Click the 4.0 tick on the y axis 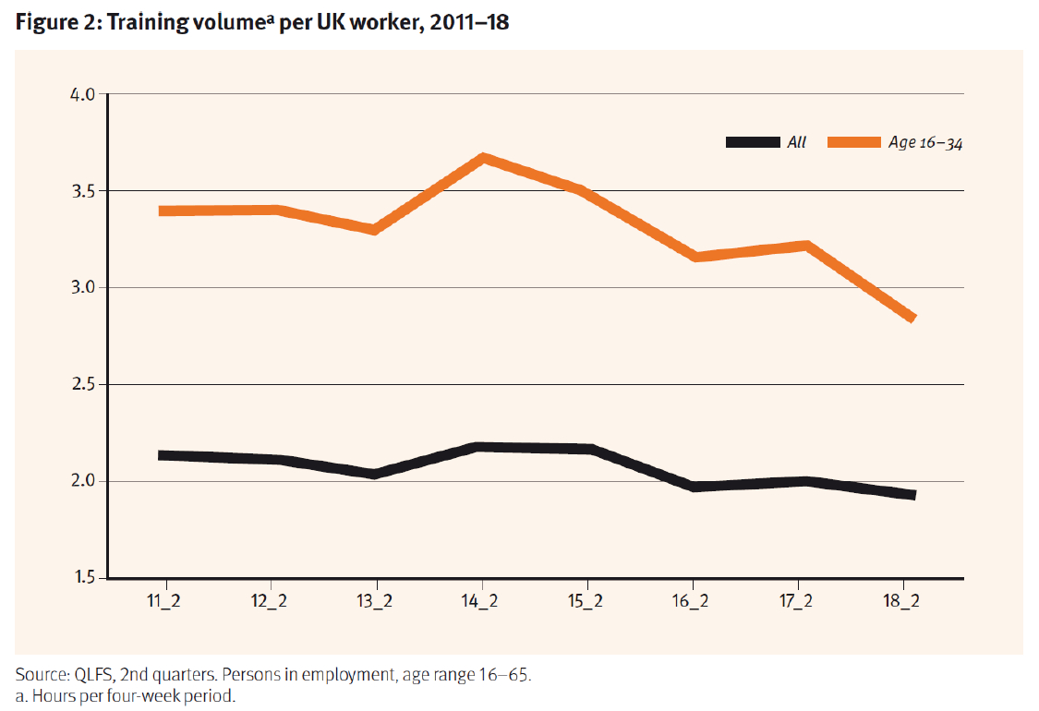pyautogui.click(x=84, y=94)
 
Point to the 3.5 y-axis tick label pyautogui.click(x=84, y=191)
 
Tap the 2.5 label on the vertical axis pyautogui.click(x=84, y=384)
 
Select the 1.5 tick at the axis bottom pyautogui.click(x=85, y=578)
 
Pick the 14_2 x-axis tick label pyautogui.click(x=482, y=601)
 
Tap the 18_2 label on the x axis pyautogui.click(x=902, y=601)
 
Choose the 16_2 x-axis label pyautogui.click(x=692, y=601)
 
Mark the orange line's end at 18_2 pyautogui.click(x=912, y=318)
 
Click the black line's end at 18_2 pyautogui.click(x=912, y=495)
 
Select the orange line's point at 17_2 pyautogui.click(x=808, y=246)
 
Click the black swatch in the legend pyautogui.click(x=753, y=142)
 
